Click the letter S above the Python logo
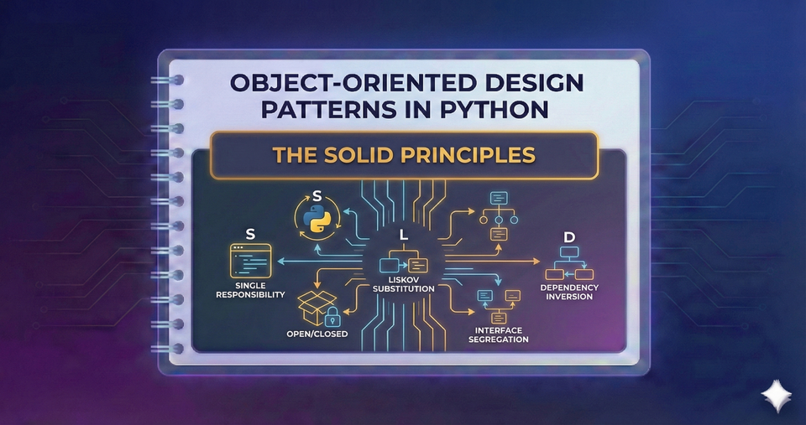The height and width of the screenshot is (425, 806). pyautogui.click(x=317, y=196)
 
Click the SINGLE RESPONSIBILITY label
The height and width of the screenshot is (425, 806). pyautogui.click(x=250, y=291)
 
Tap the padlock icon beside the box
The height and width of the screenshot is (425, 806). pyautogui.click(x=332, y=318)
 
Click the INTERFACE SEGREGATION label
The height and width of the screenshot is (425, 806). pyautogui.click(x=496, y=334)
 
